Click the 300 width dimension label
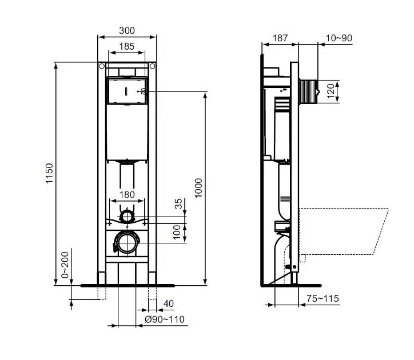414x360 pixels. (128, 29)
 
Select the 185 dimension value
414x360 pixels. (128, 47)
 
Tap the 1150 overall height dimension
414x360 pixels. (50, 173)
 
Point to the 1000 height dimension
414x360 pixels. (198, 187)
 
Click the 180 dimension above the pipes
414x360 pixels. (127, 194)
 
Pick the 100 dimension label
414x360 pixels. (177, 231)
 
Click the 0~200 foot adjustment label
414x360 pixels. (65, 266)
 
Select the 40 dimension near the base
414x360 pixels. (169, 303)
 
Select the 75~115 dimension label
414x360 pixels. (323, 298)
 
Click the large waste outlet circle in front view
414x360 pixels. (126, 242)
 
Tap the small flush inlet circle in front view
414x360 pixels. (127, 217)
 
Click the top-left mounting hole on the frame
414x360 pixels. (102, 67)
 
